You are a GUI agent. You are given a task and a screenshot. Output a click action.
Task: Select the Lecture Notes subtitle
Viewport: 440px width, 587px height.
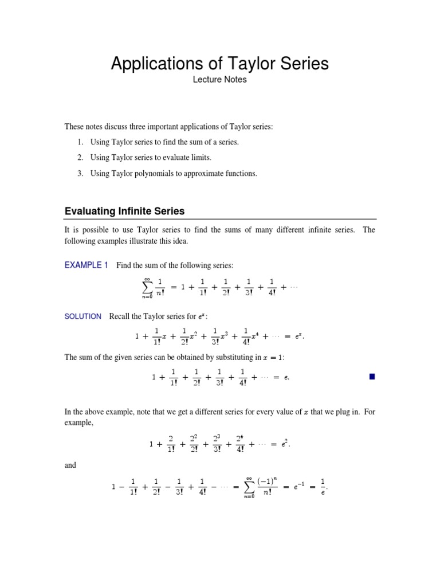tap(220, 80)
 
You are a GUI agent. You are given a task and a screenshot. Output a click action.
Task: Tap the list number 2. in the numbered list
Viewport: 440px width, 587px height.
tap(81, 157)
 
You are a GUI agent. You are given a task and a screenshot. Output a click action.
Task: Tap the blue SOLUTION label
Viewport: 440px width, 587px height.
tap(83, 316)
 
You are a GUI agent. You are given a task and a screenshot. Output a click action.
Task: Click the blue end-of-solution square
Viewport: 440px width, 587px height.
tap(371, 377)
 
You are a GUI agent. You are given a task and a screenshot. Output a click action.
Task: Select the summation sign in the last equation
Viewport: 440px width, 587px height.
tap(249, 488)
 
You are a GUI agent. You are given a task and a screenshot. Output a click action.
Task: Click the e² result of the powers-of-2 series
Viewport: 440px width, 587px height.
tap(292, 444)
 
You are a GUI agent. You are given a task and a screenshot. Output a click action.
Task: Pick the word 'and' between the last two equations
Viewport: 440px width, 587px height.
tap(70, 465)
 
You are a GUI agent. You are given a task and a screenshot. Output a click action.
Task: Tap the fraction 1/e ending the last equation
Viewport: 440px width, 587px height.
tap(323, 488)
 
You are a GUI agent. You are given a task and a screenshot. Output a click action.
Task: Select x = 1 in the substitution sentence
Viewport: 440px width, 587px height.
tap(272, 358)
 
